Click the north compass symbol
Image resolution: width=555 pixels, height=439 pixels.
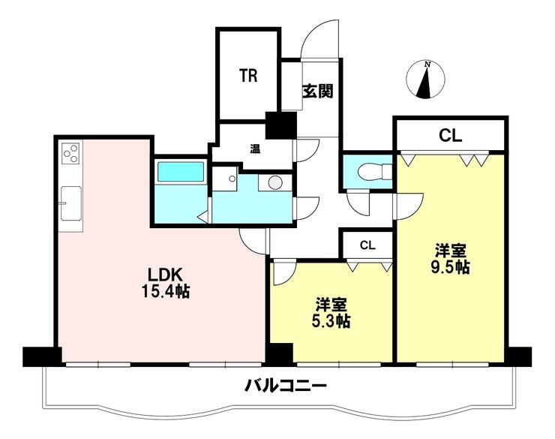tap(425, 80)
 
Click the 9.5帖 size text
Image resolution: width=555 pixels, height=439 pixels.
tap(450, 266)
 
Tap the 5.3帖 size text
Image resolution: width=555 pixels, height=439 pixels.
tap(331, 321)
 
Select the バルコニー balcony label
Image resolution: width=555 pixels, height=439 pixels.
tap(286, 387)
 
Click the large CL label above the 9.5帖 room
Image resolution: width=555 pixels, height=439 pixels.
tap(449, 136)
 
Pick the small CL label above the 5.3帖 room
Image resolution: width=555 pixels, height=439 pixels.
tap(367, 245)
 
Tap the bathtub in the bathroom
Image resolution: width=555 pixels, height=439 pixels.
tap(181, 172)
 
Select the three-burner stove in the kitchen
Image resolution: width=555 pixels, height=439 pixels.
tap(72, 154)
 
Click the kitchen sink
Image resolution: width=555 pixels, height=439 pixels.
tap(71, 203)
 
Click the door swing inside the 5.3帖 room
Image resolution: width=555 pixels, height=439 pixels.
tap(283, 274)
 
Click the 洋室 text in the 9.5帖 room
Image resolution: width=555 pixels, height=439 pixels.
tap(450, 250)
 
